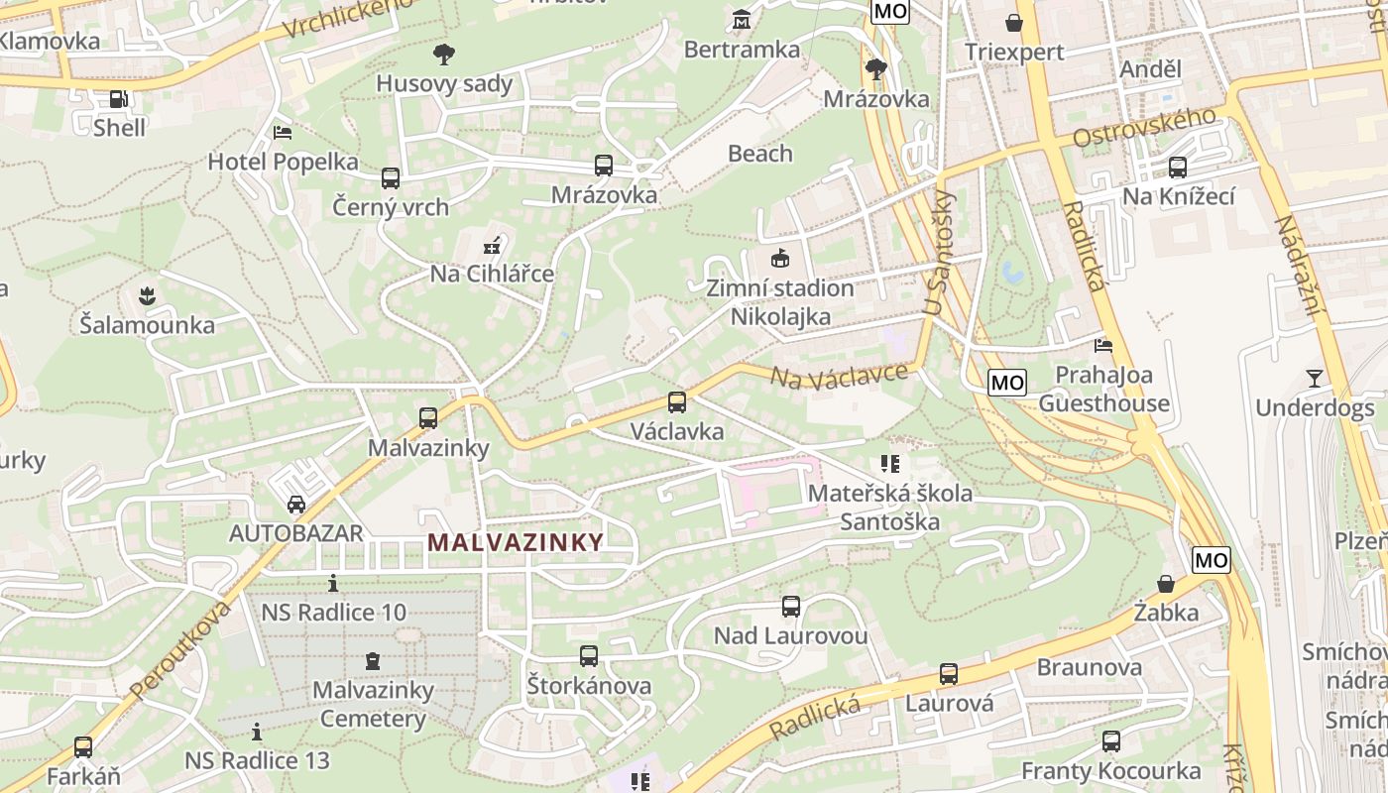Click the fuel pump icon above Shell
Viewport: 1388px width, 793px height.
click(x=118, y=99)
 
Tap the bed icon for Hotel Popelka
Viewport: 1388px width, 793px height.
click(x=283, y=132)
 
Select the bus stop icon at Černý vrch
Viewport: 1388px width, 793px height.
click(x=391, y=178)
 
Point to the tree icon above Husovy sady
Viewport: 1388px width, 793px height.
click(x=444, y=54)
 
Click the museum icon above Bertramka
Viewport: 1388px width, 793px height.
click(x=742, y=20)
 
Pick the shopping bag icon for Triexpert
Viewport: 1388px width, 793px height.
click(x=1014, y=22)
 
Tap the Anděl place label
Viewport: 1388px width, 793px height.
click(x=1150, y=69)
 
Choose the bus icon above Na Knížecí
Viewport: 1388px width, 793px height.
click(x=1178, y=168)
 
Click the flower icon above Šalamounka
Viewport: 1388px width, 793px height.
click(x=147, y=295)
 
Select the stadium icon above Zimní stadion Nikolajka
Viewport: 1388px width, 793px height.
click(x=780, y=259)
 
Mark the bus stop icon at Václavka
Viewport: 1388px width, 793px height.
click(x=677, y=402)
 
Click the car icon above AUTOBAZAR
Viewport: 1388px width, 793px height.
click(x=295, y=505)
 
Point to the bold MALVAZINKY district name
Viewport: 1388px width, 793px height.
click(x=516, y=542)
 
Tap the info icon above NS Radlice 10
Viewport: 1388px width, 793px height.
click(x=333, y=583)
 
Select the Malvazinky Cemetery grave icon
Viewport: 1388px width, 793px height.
click(x=373, y=660)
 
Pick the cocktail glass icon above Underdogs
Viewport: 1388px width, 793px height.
click(x=1315, y=378)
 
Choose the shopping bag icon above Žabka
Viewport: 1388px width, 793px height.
click(x=1166, y=583)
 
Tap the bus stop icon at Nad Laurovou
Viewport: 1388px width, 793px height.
click(x=790, y=607)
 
